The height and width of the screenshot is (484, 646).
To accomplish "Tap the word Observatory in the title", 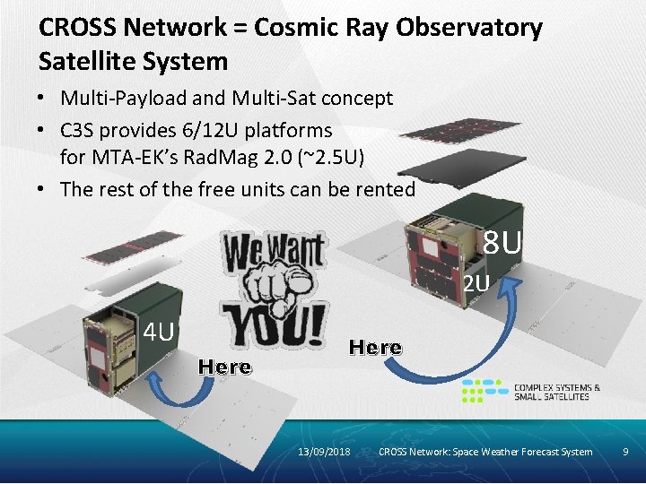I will tap(468, 28).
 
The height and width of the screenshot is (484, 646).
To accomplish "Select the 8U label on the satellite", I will tap(502, 242).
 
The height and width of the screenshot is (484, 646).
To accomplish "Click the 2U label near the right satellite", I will tap(476, 284).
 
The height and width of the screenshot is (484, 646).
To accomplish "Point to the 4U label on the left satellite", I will tap(160, 333).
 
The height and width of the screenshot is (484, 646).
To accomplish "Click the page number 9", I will tap(625, 451).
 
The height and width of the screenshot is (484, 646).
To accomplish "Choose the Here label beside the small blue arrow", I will tap(225, 367).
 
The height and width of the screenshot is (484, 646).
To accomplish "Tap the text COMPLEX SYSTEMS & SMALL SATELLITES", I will tap(557, 392).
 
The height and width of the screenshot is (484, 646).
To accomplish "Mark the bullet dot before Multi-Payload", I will tap(46, 98).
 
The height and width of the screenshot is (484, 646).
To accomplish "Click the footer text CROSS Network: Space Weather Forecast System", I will tap(485, 451).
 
